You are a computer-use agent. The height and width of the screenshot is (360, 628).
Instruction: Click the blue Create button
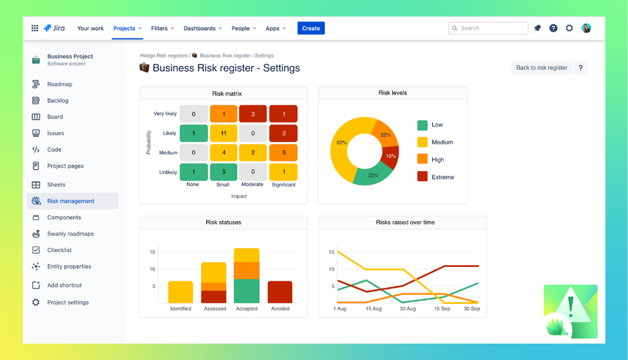click(311, 28)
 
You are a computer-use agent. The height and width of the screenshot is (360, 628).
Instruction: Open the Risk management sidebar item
click(70, 201)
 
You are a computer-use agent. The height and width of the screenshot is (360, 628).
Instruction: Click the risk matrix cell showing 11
click(223, 133)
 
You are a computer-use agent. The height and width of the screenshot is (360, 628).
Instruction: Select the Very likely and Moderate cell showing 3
click(253, 114)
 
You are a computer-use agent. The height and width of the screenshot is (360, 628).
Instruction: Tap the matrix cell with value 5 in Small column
click(223, 172)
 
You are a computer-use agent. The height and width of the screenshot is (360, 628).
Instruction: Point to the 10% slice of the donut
click(391, 157)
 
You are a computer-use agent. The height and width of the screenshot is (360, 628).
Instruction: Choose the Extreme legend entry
click(442, 177)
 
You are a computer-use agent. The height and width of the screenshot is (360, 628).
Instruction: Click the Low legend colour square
click(422, 125)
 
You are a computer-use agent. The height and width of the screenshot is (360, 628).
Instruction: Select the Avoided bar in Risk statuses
click(280, 292)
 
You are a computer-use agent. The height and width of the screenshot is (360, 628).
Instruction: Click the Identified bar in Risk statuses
click(180, 292)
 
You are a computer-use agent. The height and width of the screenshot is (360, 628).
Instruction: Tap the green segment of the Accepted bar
click(246, 291)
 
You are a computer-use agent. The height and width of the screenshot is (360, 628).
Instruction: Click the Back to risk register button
click(541, 68)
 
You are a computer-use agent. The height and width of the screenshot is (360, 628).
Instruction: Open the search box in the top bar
click(488, 28)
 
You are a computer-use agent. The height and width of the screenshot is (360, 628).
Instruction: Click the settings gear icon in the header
click(570, 28)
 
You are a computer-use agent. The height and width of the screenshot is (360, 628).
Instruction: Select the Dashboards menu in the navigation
click(203, 28)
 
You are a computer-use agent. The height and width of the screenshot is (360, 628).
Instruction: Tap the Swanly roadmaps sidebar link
click(70, 234)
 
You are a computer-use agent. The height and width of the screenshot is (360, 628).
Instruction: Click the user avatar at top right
click(586, 28)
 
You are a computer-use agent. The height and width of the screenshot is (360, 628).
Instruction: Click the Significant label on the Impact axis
click(284, 185)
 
